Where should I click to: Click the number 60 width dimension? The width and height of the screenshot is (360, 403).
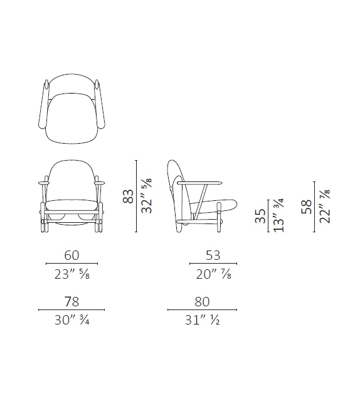coord(71,256)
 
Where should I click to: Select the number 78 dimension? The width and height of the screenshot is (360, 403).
coord(71,301)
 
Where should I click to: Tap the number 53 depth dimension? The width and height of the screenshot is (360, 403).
coord(213,256)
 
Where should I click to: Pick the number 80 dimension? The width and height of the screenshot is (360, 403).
coord(202,301)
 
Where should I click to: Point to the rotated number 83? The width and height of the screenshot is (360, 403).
coord(129,196)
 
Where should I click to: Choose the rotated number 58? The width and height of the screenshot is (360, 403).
coord(306,208)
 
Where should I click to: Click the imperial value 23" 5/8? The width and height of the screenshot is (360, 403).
coord(71,275)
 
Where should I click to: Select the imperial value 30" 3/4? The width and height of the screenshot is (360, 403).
coord(71,321)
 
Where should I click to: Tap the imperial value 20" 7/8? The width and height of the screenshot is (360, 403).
coord(213,275)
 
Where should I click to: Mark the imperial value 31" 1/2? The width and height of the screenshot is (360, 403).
coord(202,321)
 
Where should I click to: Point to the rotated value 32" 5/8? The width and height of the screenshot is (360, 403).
coord(148,196)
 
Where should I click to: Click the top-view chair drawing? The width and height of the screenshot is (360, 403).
coord(71,110)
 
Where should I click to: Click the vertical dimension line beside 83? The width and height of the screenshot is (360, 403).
coord(137,196)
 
